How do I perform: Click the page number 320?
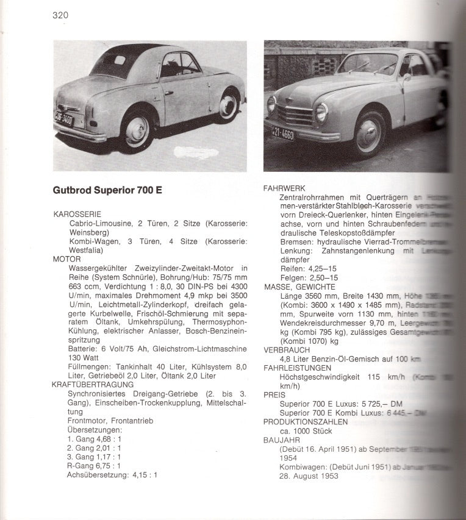coord(60,15)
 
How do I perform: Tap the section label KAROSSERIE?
coord(77,215)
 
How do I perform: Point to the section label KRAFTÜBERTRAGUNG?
coord(92,385)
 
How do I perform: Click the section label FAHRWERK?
coord(284,188)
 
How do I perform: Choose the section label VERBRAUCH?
coord(287,350)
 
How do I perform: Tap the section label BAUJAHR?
coord(281,440)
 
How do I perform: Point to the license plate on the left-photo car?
coord(64,117)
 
